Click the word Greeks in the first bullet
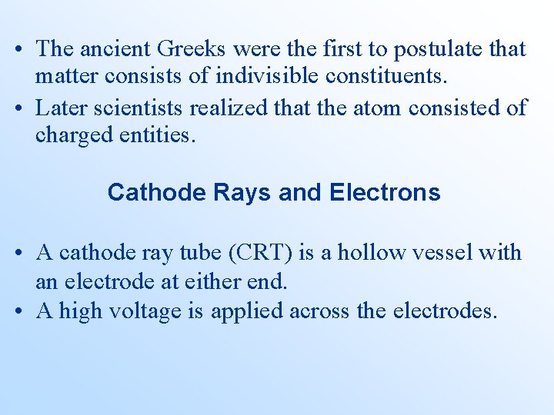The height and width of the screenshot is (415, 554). point(192,49)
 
